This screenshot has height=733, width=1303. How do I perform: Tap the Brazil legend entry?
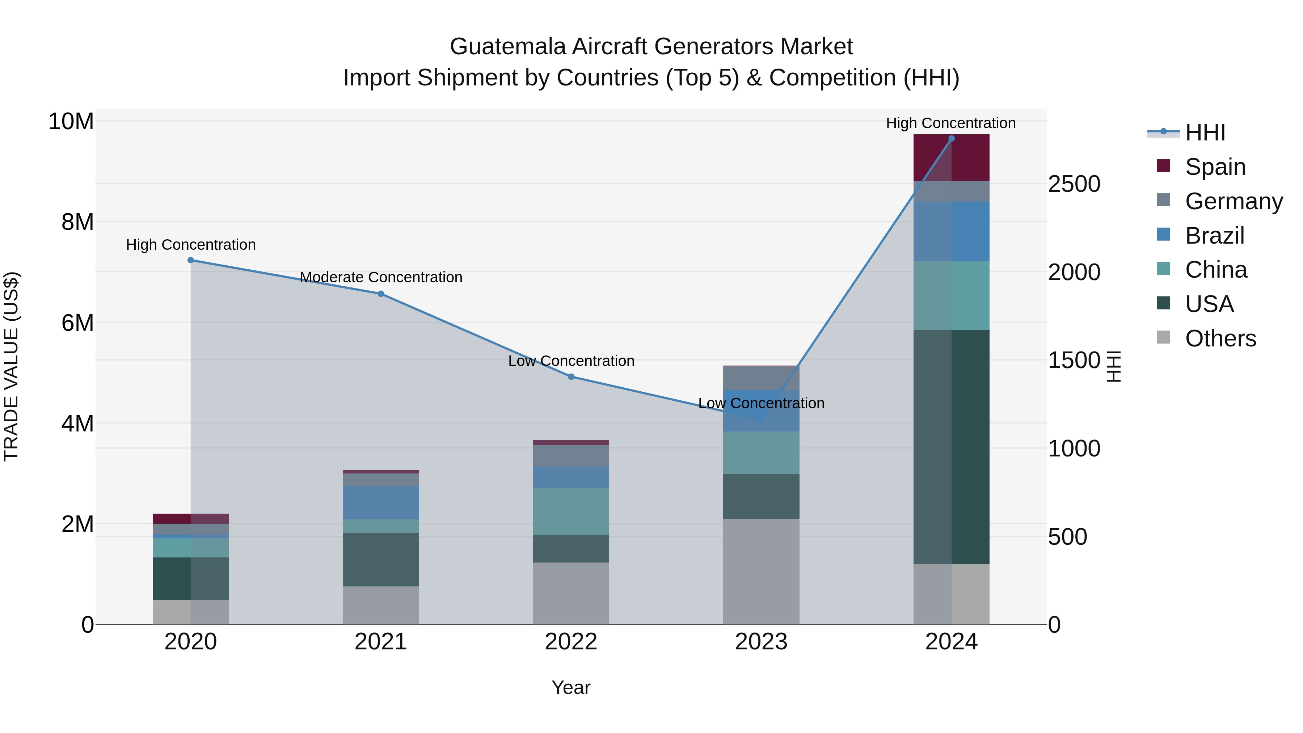click(x=1214, y=236)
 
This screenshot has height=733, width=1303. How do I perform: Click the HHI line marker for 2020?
click(x=191, y=260)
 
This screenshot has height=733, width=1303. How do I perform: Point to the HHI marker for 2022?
click(x=571, y=376)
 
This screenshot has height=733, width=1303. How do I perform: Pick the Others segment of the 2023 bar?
click(x=761, y=571)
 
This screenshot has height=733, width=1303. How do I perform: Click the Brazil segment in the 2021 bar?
click(x=381, y=502)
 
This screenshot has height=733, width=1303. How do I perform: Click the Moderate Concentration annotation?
click(x=381, y=277)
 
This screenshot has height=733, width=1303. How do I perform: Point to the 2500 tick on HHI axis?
click(x=1074, y=184)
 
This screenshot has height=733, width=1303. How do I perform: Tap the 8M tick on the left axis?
click(x=77, y=222)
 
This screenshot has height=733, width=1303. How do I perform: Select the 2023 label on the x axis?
click(x=761, y=642)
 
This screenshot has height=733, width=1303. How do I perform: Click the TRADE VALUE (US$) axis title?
click(x=11, y=366)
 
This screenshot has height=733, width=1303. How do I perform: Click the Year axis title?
click(x=571, y=687)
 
